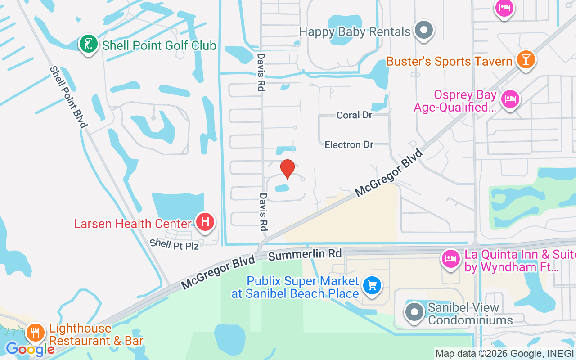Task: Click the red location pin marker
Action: pyautogui.click(x=288, y=169)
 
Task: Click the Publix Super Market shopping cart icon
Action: pyautogui.click(x=372, y=285)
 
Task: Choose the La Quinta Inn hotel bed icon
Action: pyautogui.click(x=451, y=259)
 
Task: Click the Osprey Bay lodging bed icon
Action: pyautogui.click(x=510, y=98)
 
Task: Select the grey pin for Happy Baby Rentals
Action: pyautogui.click(x=423, y=31)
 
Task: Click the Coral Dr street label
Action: pyautogui.click(x=355, y=115)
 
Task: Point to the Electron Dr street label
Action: pyautogui.click(x=349, y=145)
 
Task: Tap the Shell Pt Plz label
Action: pyautogui.click(x=174, y=244)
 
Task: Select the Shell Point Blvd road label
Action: pyautogui.click(x=67, y=97)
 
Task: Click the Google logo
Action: pyautogui.click(x=30, y=349)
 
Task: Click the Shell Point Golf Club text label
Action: pyautogui.click(x=159, y=45)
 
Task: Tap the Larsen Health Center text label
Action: pyautogui.click(x=133, y=224)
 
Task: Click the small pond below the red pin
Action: pyautogui.click(x=282, y=187)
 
